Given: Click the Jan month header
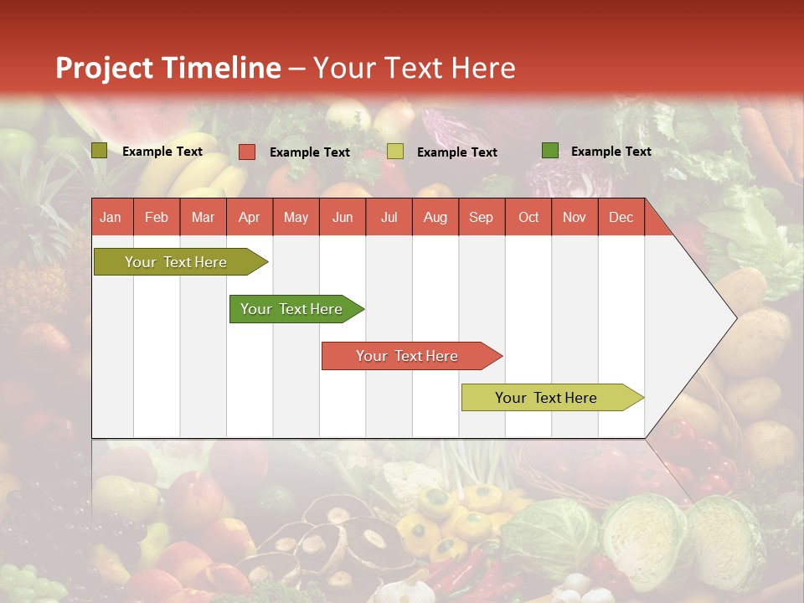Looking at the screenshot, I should tap(111, 217).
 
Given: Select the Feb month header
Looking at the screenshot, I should tap(157, 217).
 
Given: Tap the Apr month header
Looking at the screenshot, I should tap(249, 217).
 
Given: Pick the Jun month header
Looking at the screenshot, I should tap(343, 217).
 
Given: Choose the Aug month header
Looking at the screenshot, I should tap(435, 217).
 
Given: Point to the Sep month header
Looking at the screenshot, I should tap(481, 217).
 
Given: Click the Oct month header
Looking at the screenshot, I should tap(528, 217).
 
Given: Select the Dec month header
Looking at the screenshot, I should tap(621, 217).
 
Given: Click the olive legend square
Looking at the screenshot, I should tap(100, 151).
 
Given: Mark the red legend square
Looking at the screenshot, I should tap(247, 152).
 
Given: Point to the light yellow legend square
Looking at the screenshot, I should tap(395, 152).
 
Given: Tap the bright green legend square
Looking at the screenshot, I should tap(550, 151).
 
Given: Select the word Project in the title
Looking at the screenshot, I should tap(105, 68).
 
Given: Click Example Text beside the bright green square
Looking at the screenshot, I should tap(611, 152).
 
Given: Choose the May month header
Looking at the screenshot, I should tap(296, 217).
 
